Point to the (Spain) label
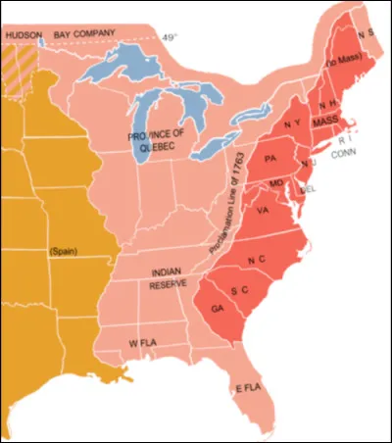point(65,252)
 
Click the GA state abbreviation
point(216,308)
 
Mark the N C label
point(257,260)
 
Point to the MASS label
point(326,121)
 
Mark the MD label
point(275,183)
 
